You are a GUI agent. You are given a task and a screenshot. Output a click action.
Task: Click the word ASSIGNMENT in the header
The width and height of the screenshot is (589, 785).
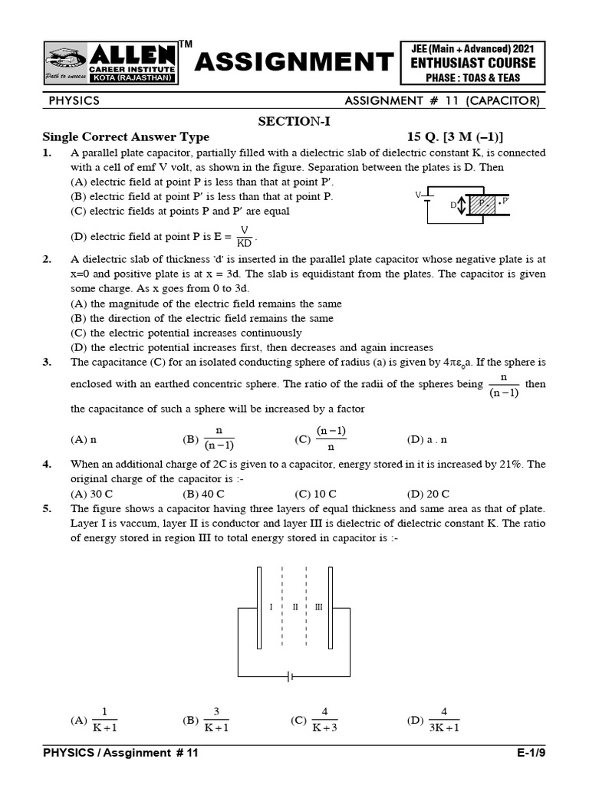pyautogui.click(x=293, y=62)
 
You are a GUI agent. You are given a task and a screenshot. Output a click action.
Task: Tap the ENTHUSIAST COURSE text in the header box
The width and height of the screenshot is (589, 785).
pyautogui.click(x=472, y=62)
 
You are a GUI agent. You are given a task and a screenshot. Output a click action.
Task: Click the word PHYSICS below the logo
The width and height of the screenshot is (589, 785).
pyautogui.click(x=74, y=100)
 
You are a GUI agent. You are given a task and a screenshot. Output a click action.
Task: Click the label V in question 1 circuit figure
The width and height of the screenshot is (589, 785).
pyautogui.click(x=419, y=195)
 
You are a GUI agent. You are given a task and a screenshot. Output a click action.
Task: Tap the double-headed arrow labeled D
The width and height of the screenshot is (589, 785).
pyautogui.click(x=462, y=206)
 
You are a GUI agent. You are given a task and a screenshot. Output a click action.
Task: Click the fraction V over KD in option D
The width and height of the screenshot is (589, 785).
pyautogui.click(x=245, y=235)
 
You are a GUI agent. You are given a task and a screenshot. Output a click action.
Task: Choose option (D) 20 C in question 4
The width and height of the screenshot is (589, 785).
pyautogui.click(x=428, y=494)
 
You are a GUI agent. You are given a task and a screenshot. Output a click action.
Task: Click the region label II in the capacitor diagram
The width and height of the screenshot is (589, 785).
pyautogui.click(x=295, y=606)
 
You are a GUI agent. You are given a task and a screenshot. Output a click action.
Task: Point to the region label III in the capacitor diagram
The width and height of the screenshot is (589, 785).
pyautogui.click(x=318, y=606)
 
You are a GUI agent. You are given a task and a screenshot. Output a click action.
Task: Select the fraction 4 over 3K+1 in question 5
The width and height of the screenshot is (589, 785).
pyautogui.click(x=444, y=719)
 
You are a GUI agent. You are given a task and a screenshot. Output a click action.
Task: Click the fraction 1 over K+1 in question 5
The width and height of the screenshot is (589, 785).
pyautogui.click(x=104, y=719)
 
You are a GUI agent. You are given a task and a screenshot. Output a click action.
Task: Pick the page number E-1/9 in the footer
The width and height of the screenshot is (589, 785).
pyautogui.click(x=531, y=753)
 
